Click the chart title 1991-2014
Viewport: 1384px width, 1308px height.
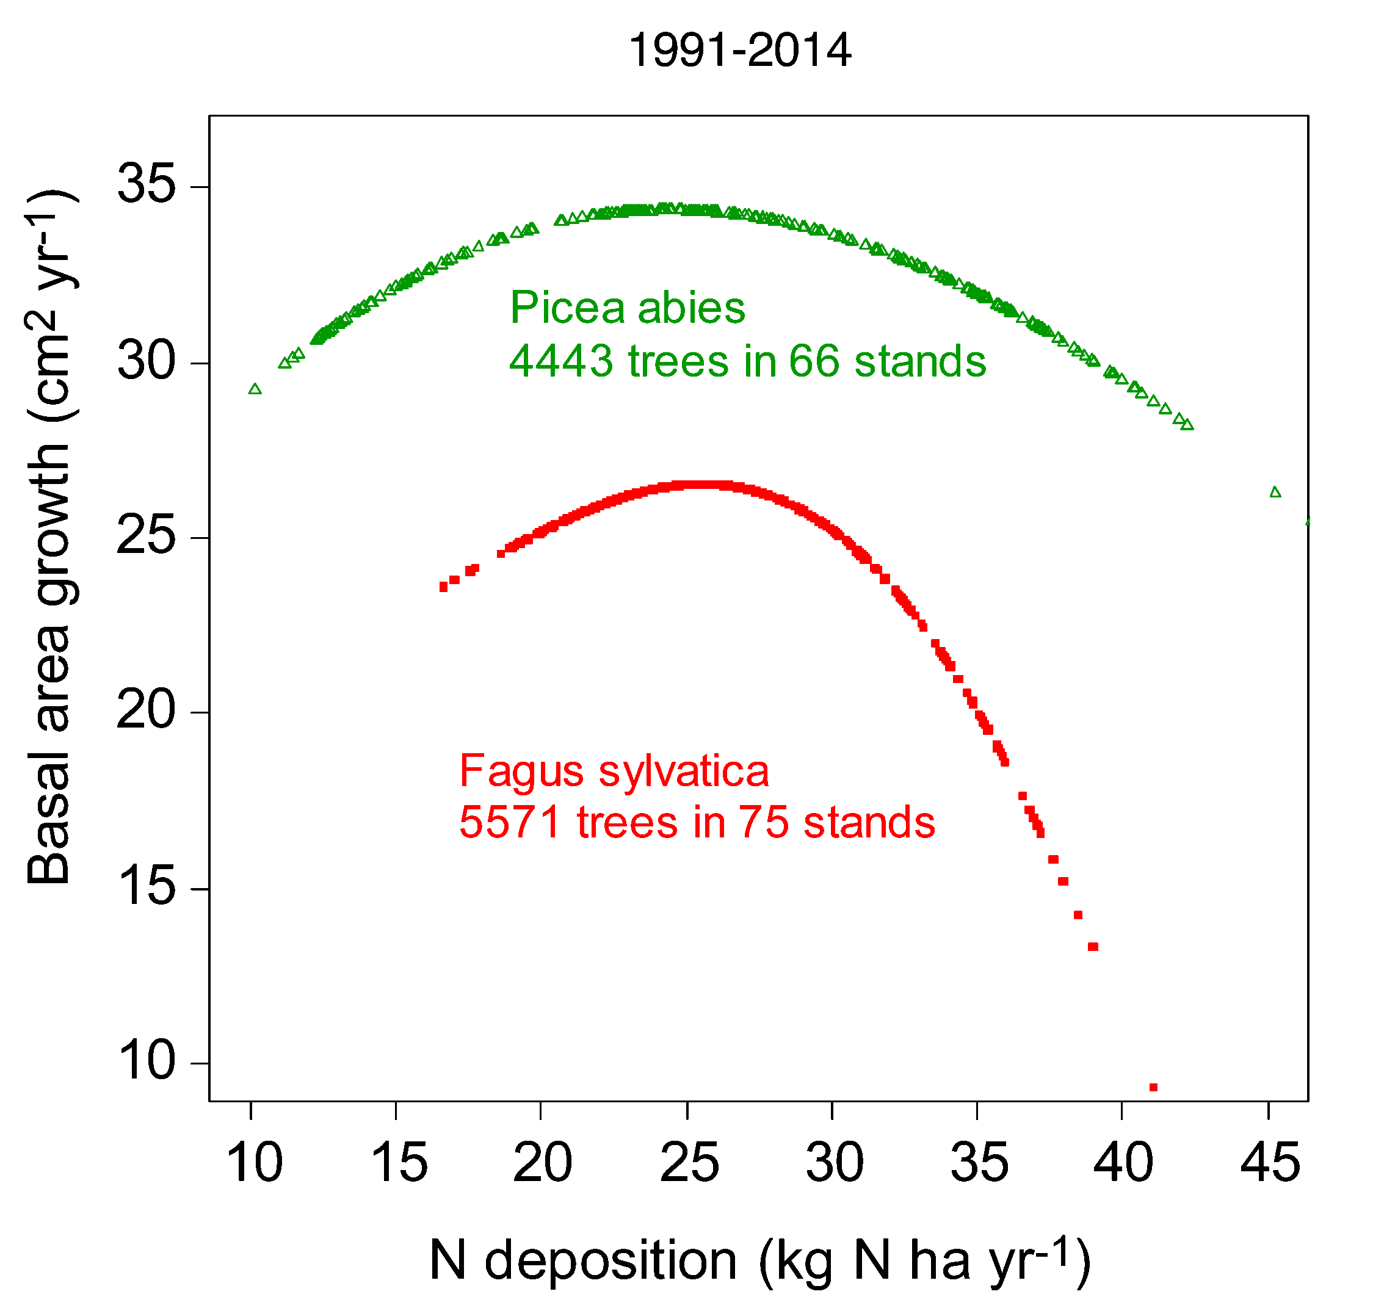[740, 51]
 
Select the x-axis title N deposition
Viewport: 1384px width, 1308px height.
[583, 1260]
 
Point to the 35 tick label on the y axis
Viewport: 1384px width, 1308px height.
[147, 184]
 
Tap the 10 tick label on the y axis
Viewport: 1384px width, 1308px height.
[147, 1061]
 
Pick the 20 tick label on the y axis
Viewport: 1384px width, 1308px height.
[147, 710]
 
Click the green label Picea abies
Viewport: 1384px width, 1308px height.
[628, 308]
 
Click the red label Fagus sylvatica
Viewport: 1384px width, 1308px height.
[614, 771]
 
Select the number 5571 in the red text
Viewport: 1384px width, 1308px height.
[510, 822]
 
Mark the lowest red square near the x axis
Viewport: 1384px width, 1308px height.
[1153, 1088]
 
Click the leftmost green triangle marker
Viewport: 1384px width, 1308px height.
[255, 389]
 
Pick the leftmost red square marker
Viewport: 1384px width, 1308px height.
[443, 587]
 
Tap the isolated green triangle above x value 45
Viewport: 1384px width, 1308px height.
[1276, 492]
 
